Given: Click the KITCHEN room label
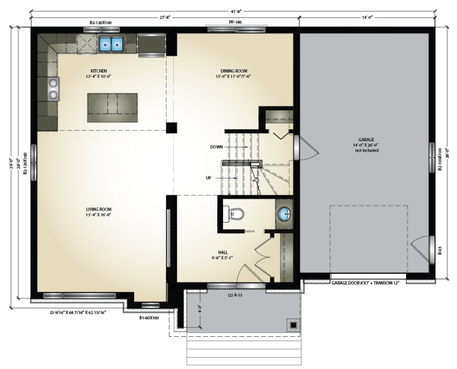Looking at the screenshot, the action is tap(99, 71).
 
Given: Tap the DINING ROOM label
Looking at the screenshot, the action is tap(234, 71).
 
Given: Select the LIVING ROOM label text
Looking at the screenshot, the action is tap(99, 209).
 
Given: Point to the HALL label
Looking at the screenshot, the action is tap(223, 253).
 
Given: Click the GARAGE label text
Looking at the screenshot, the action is tap(366, 139).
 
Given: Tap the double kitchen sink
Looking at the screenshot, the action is tap(112, 44).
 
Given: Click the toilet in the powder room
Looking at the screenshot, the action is tap(233, 214).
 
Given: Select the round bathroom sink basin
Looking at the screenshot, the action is tap(284, 214).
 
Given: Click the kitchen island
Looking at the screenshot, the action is tap(113, 108).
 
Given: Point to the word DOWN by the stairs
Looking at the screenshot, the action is tap(217, 147).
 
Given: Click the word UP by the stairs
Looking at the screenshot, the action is tap(209, 178).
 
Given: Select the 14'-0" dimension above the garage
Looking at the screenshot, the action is tap(367, 18).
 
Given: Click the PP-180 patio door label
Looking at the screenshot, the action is tap(235, 22).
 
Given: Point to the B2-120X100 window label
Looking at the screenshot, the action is tap(101, 22).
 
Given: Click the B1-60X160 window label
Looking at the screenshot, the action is tap(149, 318).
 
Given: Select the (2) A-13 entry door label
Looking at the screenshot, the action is tap(235, 295).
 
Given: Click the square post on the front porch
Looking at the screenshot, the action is tap(293, 324).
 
